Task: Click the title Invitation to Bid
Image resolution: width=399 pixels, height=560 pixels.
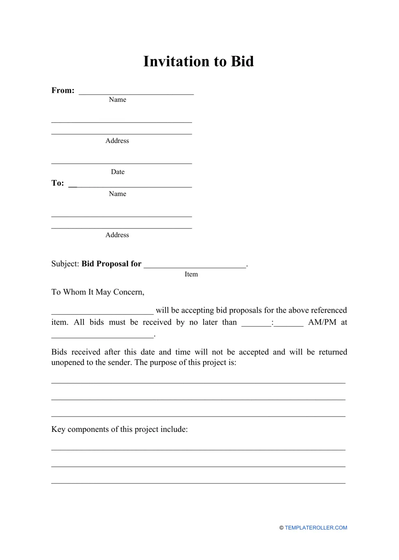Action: tap(198, 61)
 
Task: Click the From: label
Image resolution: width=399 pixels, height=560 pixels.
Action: tap(63, 90)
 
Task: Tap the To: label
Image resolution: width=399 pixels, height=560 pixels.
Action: tap(58, 183)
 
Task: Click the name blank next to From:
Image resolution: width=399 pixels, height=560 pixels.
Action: tap(136, 92)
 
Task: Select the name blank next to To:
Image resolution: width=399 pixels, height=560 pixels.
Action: tap(130, 184)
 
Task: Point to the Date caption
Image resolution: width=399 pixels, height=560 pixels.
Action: tap(118, 172)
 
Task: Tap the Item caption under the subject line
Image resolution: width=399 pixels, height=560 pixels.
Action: tap(191, 274)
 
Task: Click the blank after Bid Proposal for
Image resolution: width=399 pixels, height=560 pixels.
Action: tap(195, 265)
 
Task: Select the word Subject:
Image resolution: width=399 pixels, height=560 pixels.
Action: tap(65, 264)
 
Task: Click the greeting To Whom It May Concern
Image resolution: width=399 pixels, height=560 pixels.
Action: tap(98, 292)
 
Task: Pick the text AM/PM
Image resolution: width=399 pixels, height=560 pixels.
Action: tap(322, 322)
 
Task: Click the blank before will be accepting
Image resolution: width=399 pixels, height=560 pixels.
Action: tap(102, 311)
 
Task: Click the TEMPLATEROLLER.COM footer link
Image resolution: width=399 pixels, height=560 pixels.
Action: tap(315, 528)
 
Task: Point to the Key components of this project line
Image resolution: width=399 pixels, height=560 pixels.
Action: tap(119, 429)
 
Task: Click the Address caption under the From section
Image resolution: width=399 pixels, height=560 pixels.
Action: tap(117, 141)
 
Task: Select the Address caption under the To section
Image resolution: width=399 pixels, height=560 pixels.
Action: tap(117, 235)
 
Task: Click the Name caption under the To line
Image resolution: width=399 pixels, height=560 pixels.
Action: tap(118, 194)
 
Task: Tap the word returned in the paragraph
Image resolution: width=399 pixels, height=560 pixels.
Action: tap(333, 352)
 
